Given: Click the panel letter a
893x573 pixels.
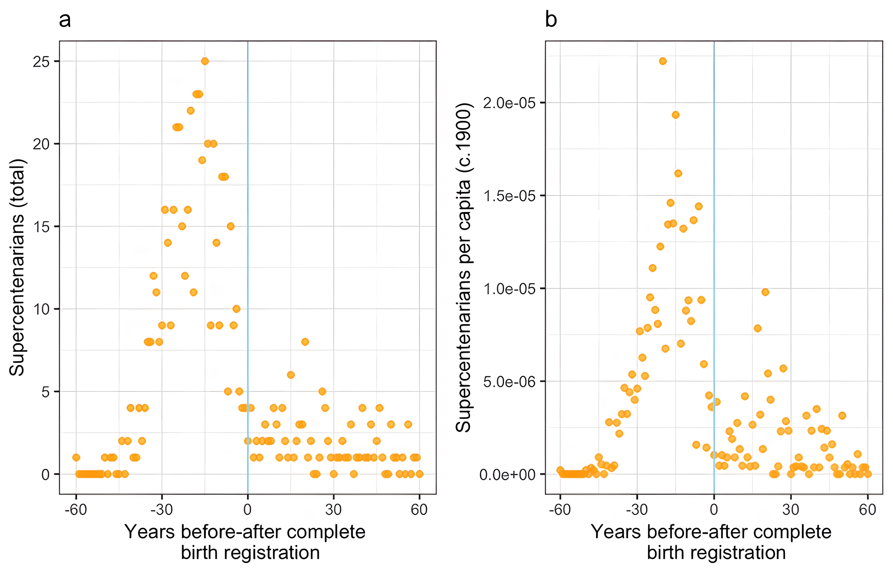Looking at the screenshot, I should (x=65, y=20).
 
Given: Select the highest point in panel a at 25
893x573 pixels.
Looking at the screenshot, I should (x=205, y=61).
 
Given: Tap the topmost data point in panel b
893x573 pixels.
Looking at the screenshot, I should (x=662, y=61).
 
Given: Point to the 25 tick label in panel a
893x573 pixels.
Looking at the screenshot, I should (x=41, y=62).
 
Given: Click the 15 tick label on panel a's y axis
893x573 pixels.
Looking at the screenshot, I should (x=41, y=227).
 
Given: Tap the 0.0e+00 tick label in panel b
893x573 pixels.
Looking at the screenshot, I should (x=507, y=475).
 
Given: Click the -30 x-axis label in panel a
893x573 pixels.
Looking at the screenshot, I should (x=162, y=509).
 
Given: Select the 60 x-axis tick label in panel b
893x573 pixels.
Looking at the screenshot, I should (x=868, y=509).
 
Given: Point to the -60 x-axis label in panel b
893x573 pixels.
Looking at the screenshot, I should (x=560, y=509).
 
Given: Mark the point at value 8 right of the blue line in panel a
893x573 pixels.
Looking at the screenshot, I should (x=305, y=342).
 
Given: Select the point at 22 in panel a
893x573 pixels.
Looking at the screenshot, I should (x=190, y=110).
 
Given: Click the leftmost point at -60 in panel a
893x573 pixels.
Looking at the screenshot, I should (x=76, y=457).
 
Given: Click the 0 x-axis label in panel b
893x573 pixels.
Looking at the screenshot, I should (x=714, y=509).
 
